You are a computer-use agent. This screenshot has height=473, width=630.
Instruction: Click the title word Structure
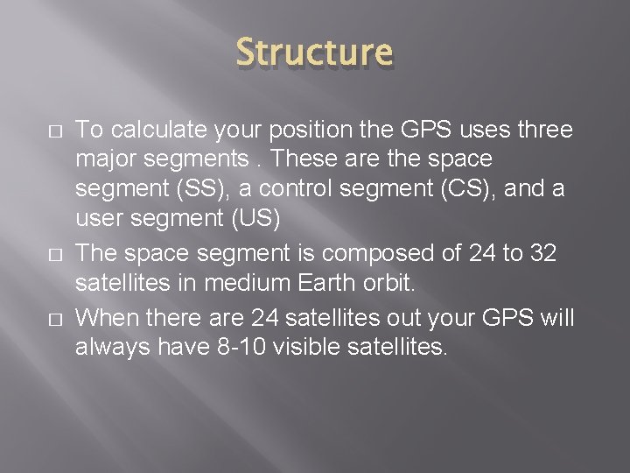[x=315, y=52]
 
